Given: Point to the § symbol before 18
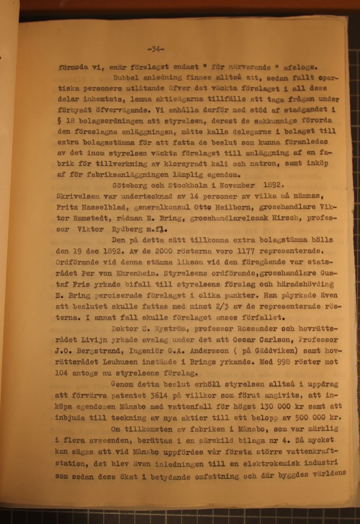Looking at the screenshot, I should pos(59,122).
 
